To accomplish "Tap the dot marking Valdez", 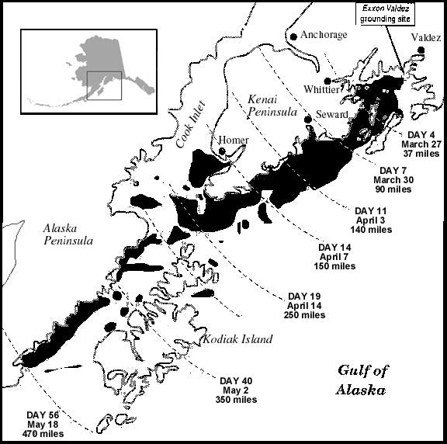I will (421, 50).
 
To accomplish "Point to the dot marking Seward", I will (308, 118).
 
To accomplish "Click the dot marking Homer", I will (222, 151).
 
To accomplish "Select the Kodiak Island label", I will (237, 339).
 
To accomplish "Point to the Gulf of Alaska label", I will (362, 380).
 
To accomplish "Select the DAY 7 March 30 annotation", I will (396, 179).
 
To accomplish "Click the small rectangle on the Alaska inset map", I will (104, 85).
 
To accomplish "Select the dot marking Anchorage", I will (293, 36).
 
